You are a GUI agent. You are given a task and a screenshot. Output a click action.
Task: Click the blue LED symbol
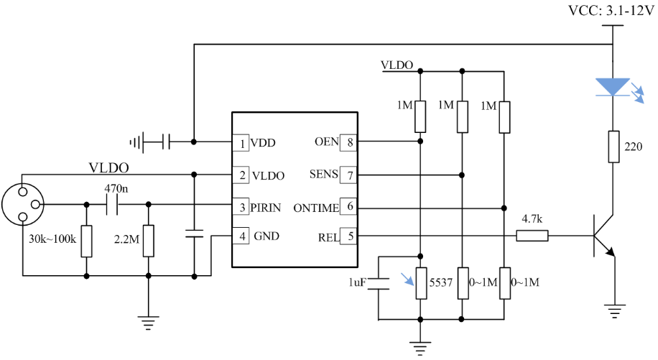tap(613, 87)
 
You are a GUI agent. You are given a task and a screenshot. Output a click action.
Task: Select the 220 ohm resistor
tap(613, 147)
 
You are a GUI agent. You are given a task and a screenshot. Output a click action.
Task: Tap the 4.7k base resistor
tap(532, 235)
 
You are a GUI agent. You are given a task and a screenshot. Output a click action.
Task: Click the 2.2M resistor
tap(148, 241)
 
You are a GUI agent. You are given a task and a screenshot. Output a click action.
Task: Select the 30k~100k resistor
tap(86, 241)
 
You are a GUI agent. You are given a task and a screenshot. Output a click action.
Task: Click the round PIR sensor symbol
tap(23, 205)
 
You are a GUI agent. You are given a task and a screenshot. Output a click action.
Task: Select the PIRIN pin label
tap(270, 208)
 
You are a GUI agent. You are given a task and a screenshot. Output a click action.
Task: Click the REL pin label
tap(325, 236)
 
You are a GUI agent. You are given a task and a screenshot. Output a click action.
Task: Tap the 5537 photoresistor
tap(420, 282)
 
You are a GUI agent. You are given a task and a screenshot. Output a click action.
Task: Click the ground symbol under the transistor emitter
tap(613, 310)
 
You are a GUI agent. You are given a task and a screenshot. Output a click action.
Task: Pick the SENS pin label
tap(323, 175)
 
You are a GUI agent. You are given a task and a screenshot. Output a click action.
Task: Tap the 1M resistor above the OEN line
tap(420, 116)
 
